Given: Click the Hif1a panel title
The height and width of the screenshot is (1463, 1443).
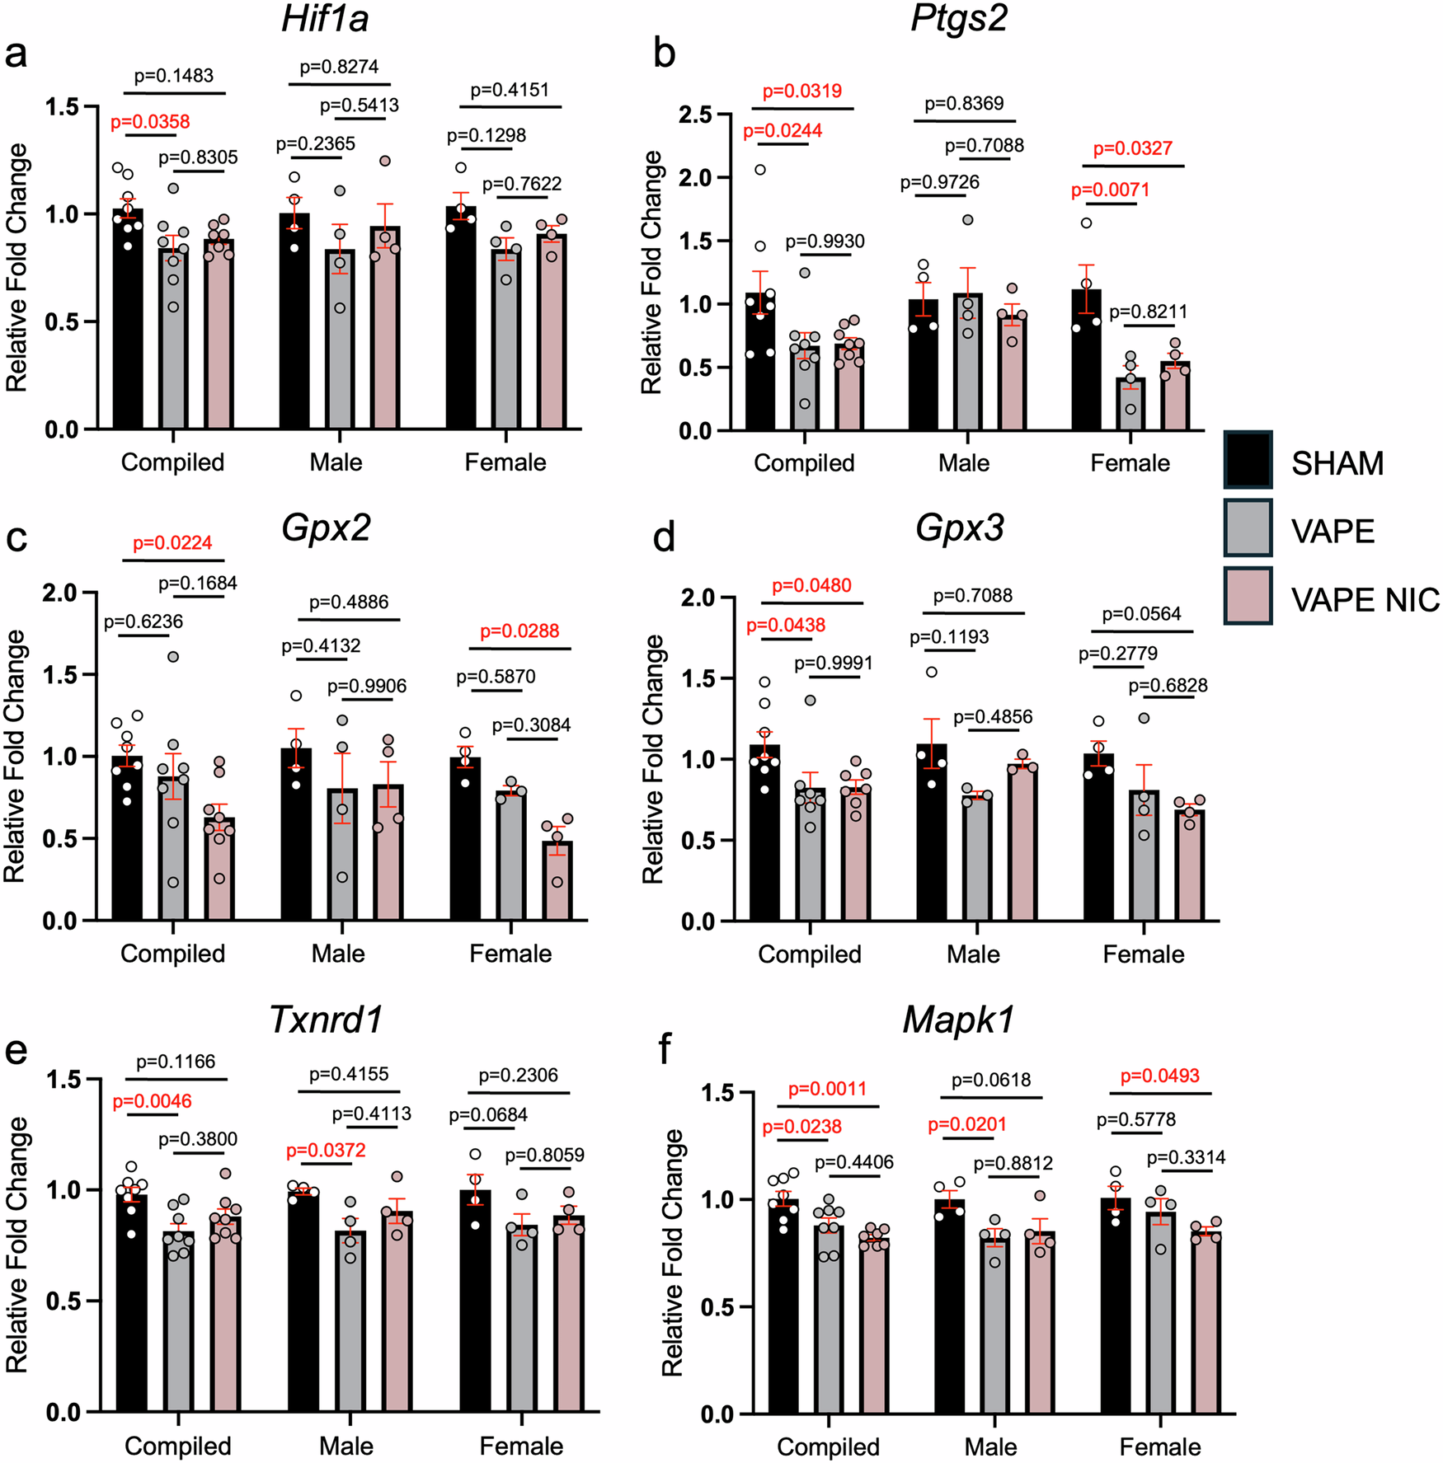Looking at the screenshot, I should click(325, 18).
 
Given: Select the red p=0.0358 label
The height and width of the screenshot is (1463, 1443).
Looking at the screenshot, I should click(150, 122).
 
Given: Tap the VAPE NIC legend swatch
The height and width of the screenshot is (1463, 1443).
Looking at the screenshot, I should click(1248, 596).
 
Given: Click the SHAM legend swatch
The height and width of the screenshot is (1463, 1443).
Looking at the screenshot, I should click(1248, 460).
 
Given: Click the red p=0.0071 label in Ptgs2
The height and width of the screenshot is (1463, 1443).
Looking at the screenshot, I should click(1110, 190).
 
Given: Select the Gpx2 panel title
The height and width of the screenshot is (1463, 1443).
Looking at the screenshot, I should click(327, 528).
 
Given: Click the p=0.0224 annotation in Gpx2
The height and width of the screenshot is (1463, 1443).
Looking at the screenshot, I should click(172, 543).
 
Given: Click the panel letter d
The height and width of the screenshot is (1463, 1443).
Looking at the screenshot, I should click(664, 538).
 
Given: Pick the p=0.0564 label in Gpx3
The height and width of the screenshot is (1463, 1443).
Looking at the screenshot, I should click(1141, 614).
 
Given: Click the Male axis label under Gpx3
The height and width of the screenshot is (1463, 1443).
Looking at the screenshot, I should click(973, 954).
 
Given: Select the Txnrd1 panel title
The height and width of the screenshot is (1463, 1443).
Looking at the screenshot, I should click(327, 1020).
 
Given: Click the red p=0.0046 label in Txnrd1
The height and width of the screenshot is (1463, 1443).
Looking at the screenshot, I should click(152, 1101).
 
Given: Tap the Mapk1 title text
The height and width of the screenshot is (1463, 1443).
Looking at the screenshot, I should click(958, 1020).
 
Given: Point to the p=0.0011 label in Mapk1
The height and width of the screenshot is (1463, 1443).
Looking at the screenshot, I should click(827, 1089).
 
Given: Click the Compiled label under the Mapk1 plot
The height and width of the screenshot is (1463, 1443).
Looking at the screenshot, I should click(828, 1447).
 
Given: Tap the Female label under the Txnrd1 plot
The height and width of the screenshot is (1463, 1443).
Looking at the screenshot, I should click(521, 1446).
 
